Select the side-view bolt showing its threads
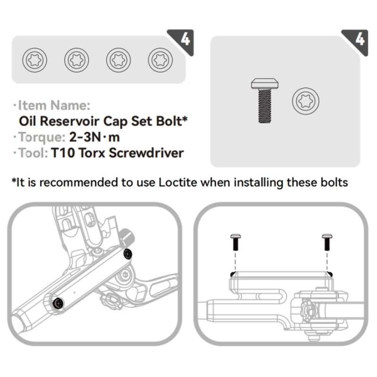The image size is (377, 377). (x=264, y=101)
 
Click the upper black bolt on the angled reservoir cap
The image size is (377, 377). (x=128, y=254)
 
